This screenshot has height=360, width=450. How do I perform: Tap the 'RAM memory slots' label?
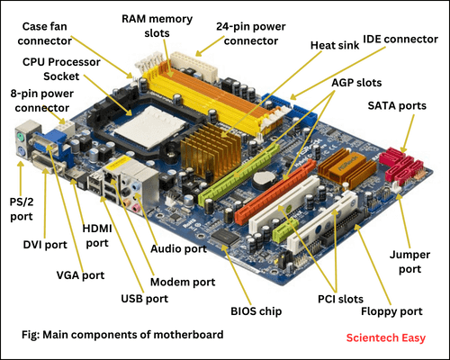click(156, 26)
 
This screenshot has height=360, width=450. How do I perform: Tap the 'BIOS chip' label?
click(259, 311)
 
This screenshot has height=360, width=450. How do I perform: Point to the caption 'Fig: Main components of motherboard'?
click(122, 335)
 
